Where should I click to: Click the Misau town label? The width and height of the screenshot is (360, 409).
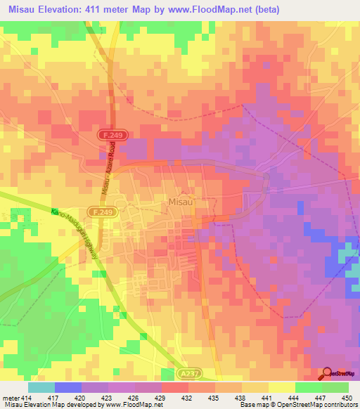pyautogui.click(x=181, y=202)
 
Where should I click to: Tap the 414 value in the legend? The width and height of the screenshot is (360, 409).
pyautogui.click(x=27, y=398)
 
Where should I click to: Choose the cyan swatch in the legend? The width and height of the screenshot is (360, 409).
pyautogui.click(x=41, y=387)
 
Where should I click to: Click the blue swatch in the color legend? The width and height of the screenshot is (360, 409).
pyautogui.click(x=67, y=387)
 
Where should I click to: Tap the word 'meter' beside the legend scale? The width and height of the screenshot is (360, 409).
pyautogui.click(x=11, y=398)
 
